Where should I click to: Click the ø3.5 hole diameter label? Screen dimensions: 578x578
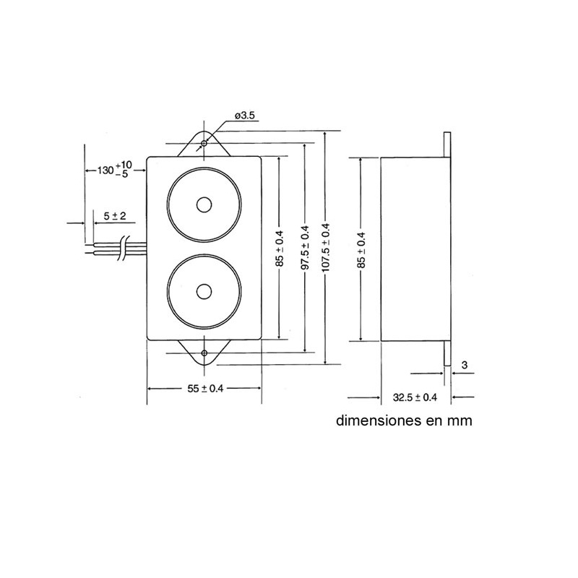(244, 116)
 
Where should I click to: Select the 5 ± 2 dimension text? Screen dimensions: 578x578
(115, 216)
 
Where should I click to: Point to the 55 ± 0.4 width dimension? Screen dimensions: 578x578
(205, 388)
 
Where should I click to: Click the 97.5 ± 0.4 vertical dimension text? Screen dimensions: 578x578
(304, 247)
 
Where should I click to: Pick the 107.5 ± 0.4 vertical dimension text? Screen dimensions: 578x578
(327, 247)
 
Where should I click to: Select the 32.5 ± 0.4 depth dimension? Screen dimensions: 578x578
(415, 397)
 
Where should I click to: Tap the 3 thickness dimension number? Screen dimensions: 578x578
(463, 364)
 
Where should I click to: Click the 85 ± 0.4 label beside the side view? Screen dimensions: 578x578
(361, 248)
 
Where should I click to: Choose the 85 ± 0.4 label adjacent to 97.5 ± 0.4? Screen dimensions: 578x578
(280, 248)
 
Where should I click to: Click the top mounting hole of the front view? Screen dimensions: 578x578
(204, 144)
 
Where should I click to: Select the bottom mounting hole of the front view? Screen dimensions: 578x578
(204, 353)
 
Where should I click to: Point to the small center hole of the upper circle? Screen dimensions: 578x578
(204, 204)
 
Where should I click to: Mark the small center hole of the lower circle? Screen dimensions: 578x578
(204, 293)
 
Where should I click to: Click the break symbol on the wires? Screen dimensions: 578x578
(126, 247)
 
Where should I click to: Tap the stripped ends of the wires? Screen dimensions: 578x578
(89, 249)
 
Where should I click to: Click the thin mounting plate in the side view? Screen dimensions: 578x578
(448, 248)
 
